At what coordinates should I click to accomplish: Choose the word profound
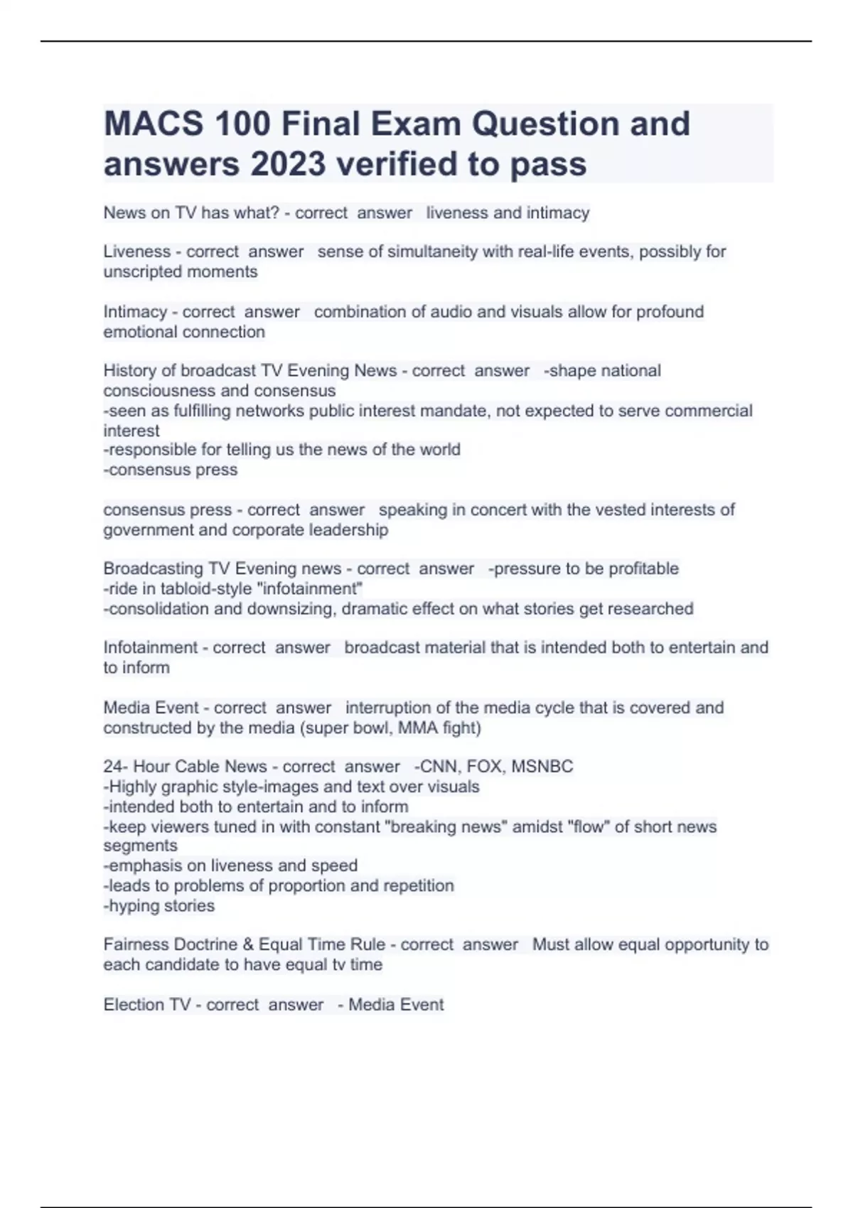point(670,312)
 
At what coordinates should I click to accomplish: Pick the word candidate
point(186,965)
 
